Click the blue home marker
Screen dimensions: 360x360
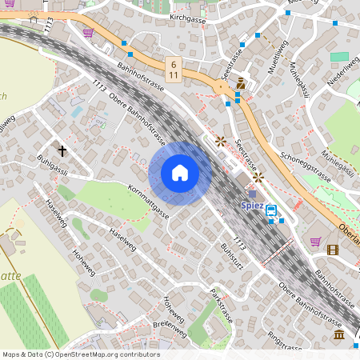180,173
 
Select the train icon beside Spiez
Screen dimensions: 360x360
271,211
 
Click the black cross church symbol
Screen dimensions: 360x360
62,150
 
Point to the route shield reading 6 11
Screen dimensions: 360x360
174,67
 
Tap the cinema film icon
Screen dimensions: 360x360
332,250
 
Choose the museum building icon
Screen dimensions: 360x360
339,333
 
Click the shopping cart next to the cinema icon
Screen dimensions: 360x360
315,241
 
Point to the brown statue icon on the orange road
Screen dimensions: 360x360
239,84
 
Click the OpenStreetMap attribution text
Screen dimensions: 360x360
81,354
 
